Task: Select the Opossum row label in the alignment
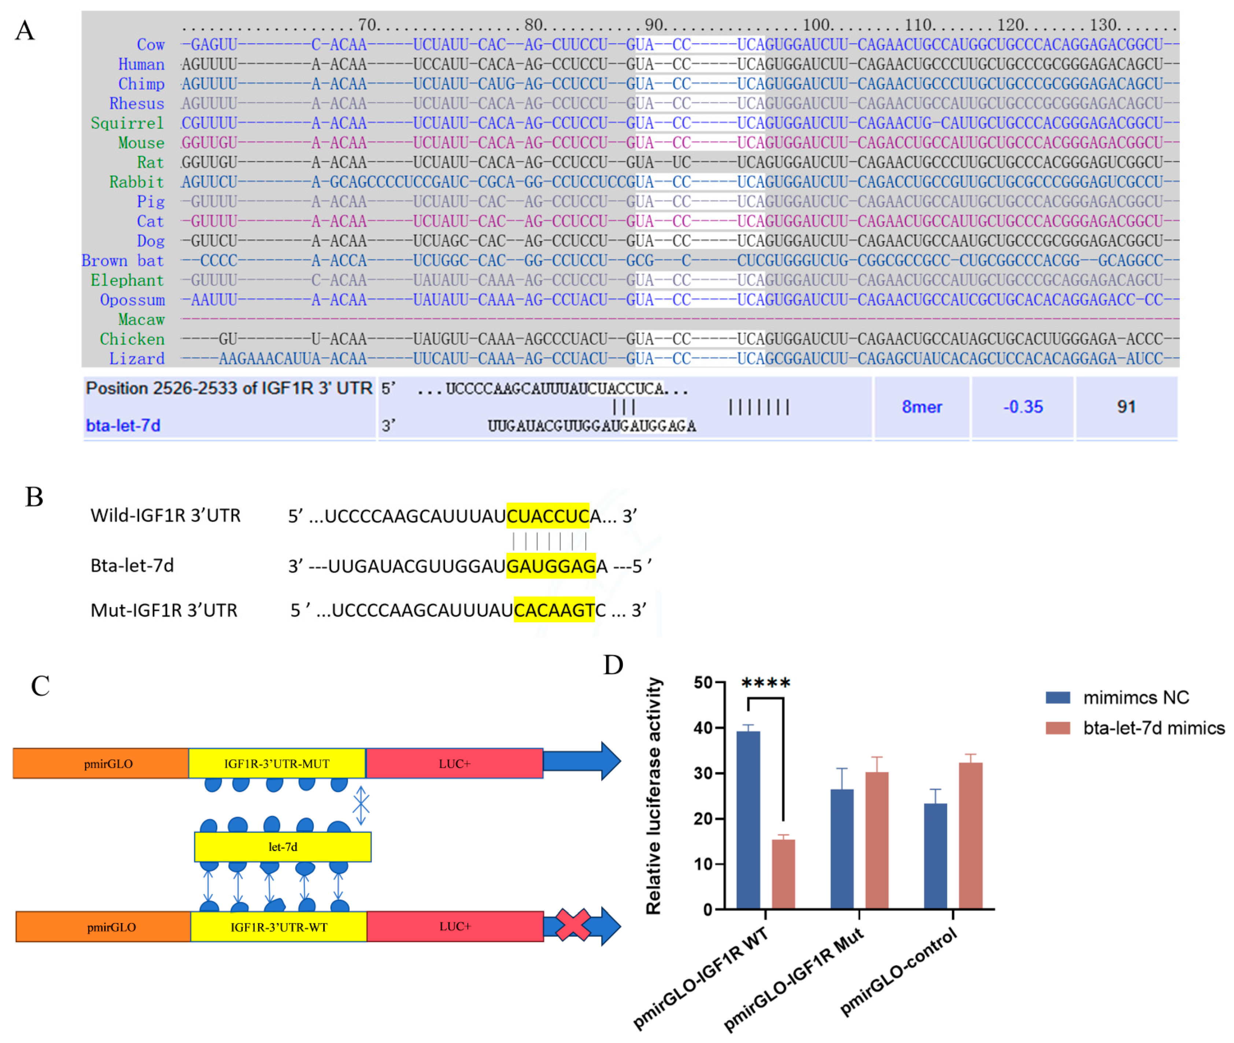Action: coord(132,300)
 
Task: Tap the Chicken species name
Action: coord(132,339)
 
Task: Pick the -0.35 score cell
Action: coord(1023,407)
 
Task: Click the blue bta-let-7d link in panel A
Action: coord(123,426)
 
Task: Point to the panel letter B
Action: coord(34,497)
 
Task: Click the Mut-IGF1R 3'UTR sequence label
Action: coord(164,610)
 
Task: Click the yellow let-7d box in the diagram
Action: coord(282,847)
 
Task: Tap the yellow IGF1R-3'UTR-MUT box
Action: coord(277,763)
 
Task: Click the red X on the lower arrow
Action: coord(572,925)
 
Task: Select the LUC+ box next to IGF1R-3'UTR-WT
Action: coord(454,926)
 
